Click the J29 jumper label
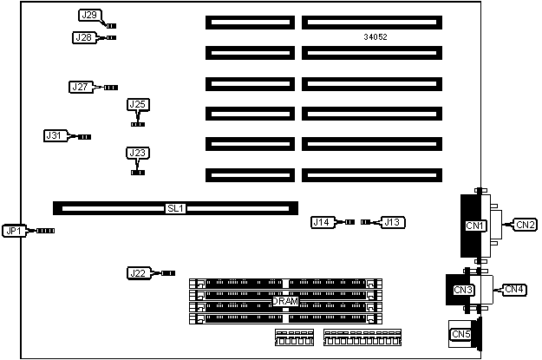tap(88, 16)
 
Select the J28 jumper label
tap(84, 37)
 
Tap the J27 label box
tap(80, 87)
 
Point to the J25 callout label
tap(137, 105)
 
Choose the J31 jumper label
tap(55, 135)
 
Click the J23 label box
tap(137, 154)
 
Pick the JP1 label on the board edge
tap(14, 231)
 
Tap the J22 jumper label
tap(138, 273)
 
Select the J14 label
tap(322, 222)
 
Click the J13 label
tap(393, 222)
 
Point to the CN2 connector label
tap(526, 225)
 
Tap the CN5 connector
tap(460, 333)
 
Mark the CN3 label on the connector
tap(462, 290)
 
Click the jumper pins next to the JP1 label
tap(44, 231)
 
